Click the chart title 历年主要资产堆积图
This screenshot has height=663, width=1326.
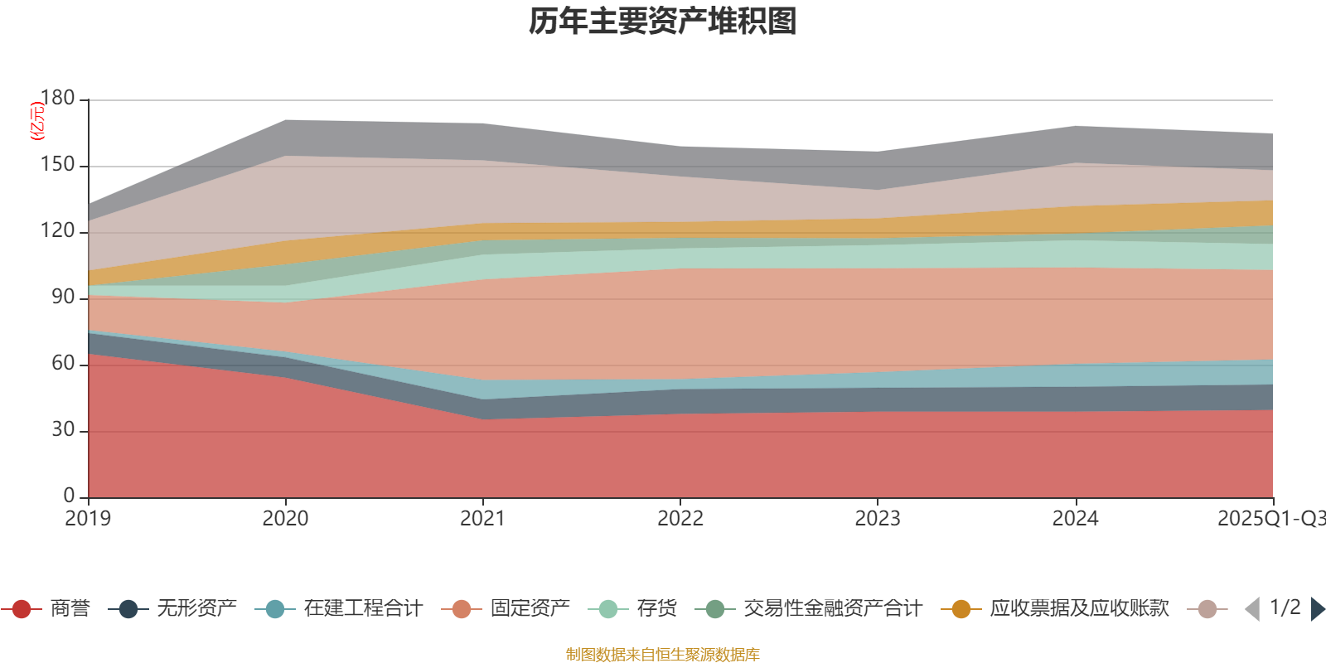pos(663,22)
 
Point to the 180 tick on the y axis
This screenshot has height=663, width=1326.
pos(58,99)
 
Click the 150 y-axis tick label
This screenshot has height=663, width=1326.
pos(58,165)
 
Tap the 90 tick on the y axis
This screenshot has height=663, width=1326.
pos(63,298)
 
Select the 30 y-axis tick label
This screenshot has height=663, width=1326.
pos(63,430)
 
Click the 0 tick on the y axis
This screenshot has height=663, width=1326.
pos(69,496)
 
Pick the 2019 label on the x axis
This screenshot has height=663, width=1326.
pos(88,519)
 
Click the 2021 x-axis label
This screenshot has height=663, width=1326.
pos(482,519)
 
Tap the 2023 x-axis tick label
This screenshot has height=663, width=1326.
pos(878,519)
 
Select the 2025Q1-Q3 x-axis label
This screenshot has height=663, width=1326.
pos(1270,519)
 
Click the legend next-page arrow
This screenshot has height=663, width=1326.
pos(1317,609)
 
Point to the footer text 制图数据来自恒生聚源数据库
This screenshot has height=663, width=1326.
pos(663,655)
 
